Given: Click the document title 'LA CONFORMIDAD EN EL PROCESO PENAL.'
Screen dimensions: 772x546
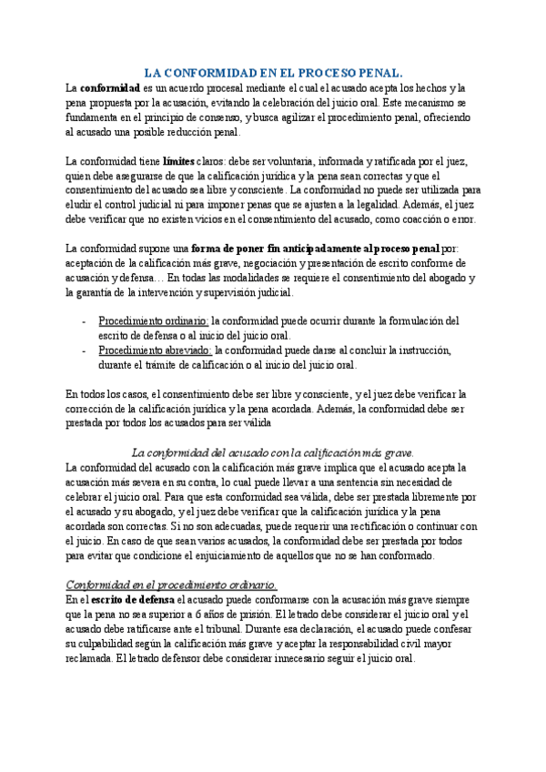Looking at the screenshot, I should click(x=274, y=72).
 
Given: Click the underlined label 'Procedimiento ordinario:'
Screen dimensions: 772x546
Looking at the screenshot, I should click(x=154, y=321).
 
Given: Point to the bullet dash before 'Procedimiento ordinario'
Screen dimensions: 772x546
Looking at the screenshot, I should click(x=84, y=321).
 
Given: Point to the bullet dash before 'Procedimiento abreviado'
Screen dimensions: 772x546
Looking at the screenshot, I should click(x=84, y=350).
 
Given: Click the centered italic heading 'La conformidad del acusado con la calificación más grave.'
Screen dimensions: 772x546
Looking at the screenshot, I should click(x=273, y=452).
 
